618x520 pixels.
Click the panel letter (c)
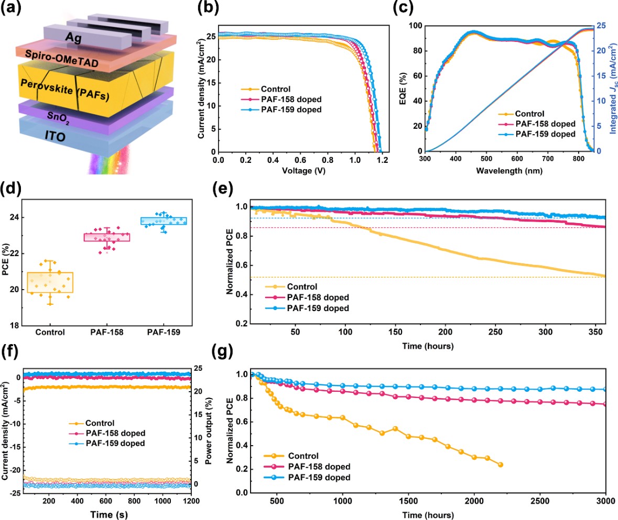point(404,8)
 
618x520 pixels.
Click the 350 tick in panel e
point(595,333)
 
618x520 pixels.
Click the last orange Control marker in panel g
point(500,464)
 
